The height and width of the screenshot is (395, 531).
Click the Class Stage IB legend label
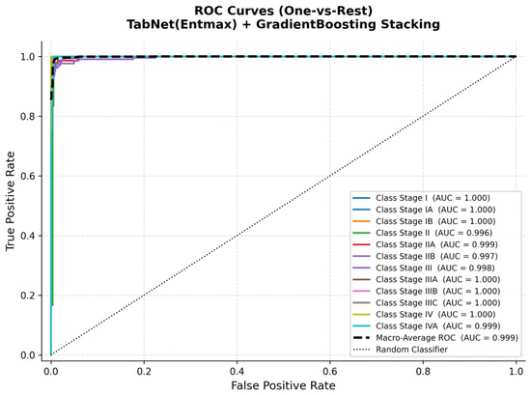tap(435, 221)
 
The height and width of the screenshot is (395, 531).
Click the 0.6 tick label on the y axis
tap(28, 176)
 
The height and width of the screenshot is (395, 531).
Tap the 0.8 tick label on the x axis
tap(423, 371)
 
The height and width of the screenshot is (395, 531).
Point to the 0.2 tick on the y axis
tap(28, 296)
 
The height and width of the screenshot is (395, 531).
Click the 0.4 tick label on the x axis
tap(238, 371)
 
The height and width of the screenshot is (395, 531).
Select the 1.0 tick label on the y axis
tap(28, 57)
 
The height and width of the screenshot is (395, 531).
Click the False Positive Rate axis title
tap(284, 385)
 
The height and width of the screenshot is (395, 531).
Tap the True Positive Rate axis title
tap(11, 201)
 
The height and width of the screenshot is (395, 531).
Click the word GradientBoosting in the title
tap(316, 24)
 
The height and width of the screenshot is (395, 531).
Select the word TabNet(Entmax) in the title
tap(182, 24)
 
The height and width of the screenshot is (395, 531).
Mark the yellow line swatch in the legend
tap(362, 315)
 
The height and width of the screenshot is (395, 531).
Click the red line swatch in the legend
tap(362, 244)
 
